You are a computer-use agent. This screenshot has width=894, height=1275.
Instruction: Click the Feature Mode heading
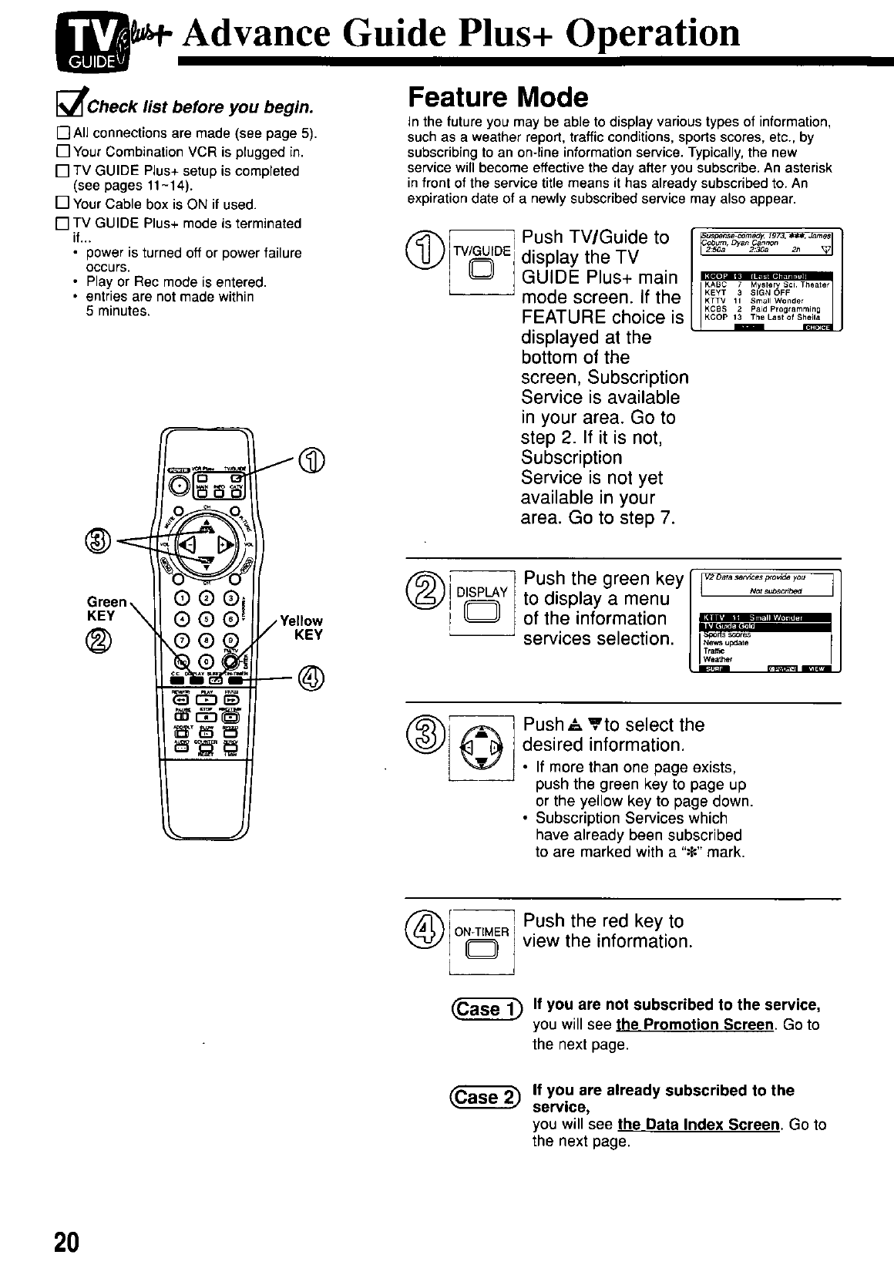(497, 98)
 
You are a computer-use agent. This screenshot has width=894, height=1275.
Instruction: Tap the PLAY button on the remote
(207, 700)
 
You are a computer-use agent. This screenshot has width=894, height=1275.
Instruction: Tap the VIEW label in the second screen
(816, 668)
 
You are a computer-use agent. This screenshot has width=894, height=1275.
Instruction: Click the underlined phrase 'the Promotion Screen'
(694, 1025)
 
